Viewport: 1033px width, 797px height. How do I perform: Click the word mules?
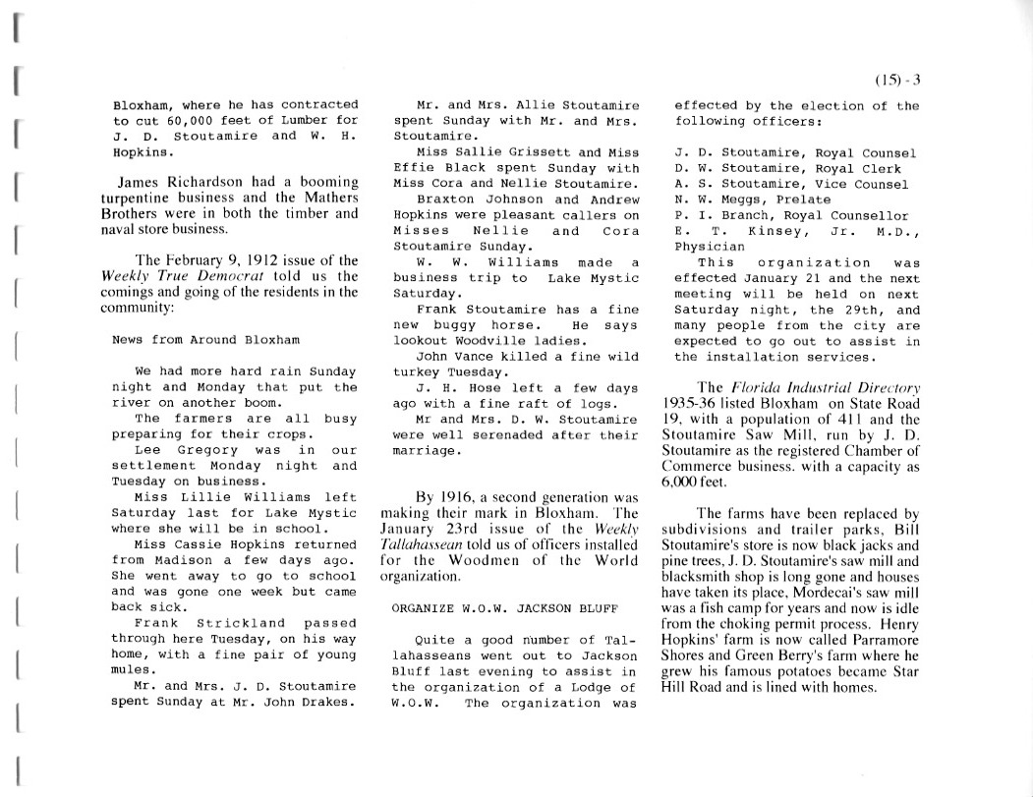click(131, 669)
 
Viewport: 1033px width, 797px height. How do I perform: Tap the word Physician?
click(710, 247)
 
